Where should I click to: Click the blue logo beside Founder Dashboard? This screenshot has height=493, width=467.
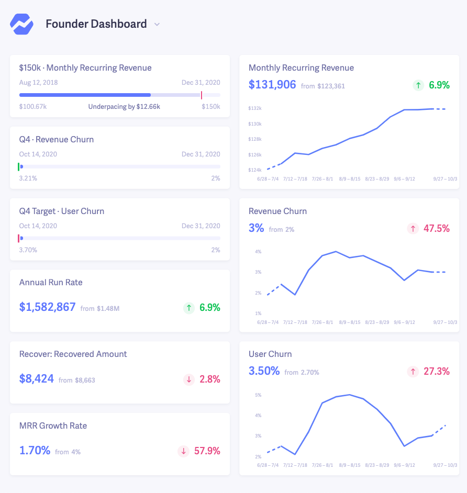click(21, 24)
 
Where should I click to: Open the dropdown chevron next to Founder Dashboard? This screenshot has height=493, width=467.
click(157, 24)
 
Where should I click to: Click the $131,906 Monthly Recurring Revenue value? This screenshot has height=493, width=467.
click(272, 84)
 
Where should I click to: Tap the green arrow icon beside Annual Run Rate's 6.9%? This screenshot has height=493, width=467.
click(188, 308)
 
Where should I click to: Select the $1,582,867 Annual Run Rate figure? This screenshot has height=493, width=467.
click(48, 307)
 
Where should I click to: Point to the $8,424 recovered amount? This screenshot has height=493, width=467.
click(37, 379)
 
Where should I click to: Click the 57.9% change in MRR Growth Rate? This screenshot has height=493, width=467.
click(207, 451)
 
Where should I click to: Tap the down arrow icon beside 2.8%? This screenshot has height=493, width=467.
click(188, 379)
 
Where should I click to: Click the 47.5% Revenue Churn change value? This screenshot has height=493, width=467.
click(436, 228)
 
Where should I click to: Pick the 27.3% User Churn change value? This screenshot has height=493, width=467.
click(436, 371)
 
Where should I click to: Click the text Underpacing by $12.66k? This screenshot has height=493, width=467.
click(124, 107)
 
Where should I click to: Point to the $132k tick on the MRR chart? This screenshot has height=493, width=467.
click(255, 108)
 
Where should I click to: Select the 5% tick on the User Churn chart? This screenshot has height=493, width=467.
click(258, 395)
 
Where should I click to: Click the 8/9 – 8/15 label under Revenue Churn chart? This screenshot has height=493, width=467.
click(350, 322)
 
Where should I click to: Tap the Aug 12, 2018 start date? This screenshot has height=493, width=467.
click(39, 83)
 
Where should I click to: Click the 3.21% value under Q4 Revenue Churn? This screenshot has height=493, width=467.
click(28, 178)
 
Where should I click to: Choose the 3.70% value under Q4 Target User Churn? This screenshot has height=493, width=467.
click(28, 250)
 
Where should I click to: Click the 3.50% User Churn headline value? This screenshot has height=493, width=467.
click(264, 371)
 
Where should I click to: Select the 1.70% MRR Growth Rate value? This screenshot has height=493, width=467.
click(35, 451)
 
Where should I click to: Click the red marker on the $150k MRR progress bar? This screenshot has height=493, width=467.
click(202, 95)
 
